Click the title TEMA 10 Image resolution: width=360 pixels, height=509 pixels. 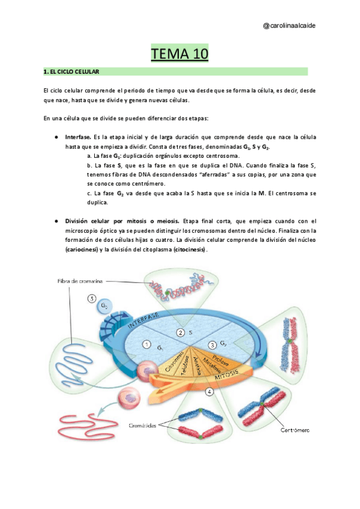coord(179,54)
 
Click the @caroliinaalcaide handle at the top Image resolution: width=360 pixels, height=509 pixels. coord(290,25)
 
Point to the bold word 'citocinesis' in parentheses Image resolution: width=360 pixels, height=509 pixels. coord(189,249)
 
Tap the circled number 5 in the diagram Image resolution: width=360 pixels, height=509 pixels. coord(91,298)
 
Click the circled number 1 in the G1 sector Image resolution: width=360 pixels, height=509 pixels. coord(146,344)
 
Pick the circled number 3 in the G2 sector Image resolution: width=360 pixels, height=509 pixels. coord(212,345)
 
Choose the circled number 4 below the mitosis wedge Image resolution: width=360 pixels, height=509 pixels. coord(209,392)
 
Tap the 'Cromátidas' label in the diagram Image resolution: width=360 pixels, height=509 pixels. coord(143,425)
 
